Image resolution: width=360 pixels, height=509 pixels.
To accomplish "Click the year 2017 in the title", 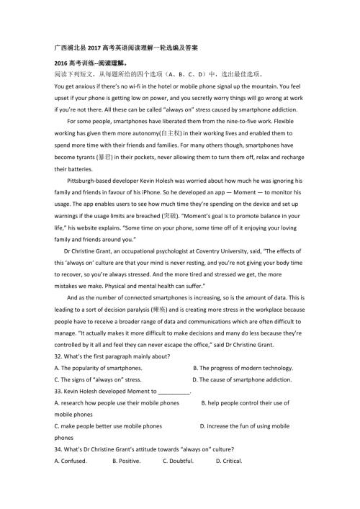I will [98, 48].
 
